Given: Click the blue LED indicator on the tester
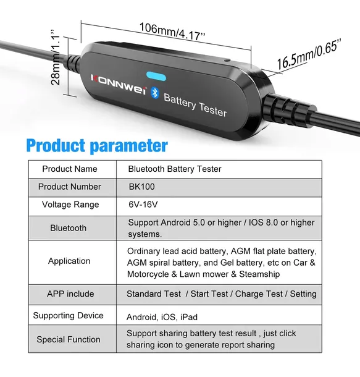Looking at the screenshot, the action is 156,76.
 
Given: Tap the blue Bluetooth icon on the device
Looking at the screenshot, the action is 155,93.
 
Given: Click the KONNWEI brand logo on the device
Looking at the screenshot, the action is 119,85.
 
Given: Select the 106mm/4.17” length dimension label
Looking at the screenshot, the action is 172,32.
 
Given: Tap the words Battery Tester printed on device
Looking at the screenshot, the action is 195,105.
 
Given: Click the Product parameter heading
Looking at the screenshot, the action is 97,145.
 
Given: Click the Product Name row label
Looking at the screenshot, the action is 70,169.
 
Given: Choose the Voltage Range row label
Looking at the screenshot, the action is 70,205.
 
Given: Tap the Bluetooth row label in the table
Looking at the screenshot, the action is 68,228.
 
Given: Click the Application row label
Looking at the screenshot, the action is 69,261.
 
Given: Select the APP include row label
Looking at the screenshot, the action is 70,294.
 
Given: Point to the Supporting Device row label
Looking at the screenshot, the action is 68,315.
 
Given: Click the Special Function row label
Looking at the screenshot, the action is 69,339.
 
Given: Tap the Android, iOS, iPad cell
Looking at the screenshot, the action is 162,317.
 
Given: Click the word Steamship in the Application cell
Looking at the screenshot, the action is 259,274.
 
